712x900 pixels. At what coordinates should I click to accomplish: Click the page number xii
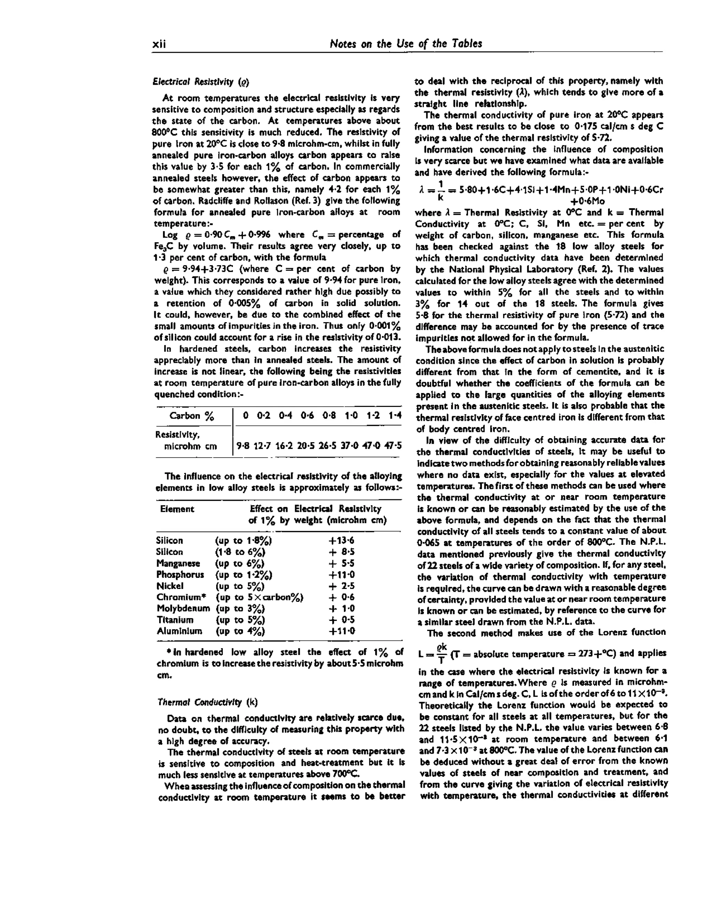(159, 44)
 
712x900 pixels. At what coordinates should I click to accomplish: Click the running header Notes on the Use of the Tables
(406, 43)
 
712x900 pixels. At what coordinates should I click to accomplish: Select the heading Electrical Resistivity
(201, 82)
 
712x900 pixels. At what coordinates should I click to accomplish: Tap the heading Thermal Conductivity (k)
(208, 702)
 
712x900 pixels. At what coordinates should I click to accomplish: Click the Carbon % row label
(191, 416)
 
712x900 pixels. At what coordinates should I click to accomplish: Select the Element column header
(177, 509)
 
